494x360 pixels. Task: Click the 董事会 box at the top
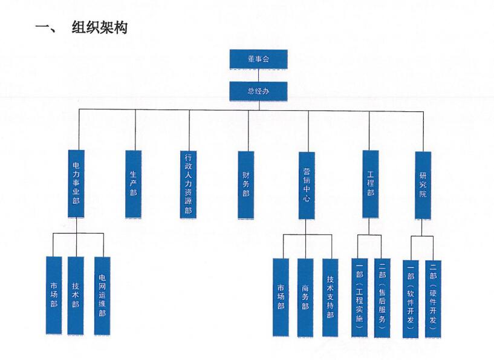coord(258,59)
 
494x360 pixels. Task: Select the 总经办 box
coord(258,91)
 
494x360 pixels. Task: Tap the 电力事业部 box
coord(76,182)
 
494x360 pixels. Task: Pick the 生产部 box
coord(134,182)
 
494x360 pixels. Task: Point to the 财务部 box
coord(246,182)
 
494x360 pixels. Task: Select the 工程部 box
coord(371,182)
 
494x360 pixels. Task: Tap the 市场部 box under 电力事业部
coord(54,296)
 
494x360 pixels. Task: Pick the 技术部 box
coord(76,296)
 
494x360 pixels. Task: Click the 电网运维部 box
coord(102,296)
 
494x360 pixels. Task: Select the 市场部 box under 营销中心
coord(281,297)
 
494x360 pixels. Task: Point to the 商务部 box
coord(305,297)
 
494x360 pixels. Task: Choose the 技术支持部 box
coord(330,297)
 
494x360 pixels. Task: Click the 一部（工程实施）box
coord(359,297)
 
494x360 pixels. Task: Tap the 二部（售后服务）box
coord(383,297)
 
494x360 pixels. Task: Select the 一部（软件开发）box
coord(411,297)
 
